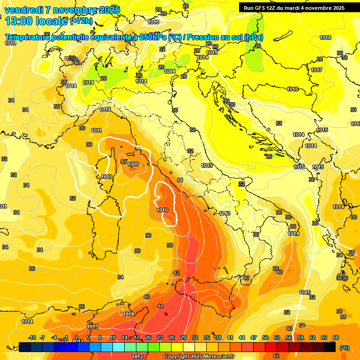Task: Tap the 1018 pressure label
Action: pyautogui.click(x=325, y=37)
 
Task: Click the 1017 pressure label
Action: pyautogui.click(x=316, y=70)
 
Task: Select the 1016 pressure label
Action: pyautogui.click(x=292, y=89)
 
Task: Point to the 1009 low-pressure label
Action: pyautogui.click(x=133, y=164)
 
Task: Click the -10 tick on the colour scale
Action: pyautogui.click(x=32, y=337)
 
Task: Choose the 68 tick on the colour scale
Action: pyautogui.click(x=336, y=337)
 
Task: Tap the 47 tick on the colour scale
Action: pyautogui.click(x=254, y=337)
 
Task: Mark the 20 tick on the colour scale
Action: pyautogui.click(x=148, y=337)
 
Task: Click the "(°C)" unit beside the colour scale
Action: pyautogui.click(x=345, y=348)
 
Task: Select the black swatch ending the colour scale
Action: pyautogui.click(x=330, y=347)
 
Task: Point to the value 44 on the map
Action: pyautogui.click(x=160, y=306)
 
